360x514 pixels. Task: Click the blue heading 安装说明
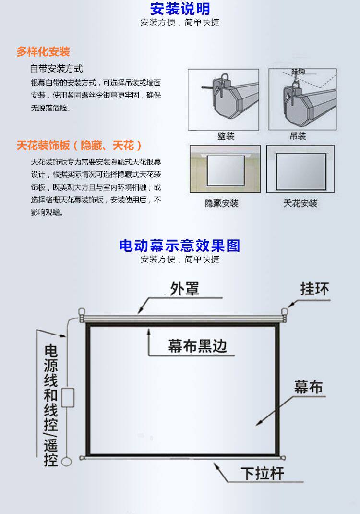coord(180,9)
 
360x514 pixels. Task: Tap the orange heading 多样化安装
coord(43,51)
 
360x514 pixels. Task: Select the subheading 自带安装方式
coord(56,69)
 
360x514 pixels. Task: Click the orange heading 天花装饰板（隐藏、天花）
coord(80,145)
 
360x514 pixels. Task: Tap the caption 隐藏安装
coord(222,203)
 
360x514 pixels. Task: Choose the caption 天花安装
coord(300,203)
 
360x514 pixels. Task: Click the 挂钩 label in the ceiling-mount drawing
coord(298,72)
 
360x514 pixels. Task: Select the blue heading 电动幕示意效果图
coord(180,246)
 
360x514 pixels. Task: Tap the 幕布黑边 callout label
coord(198,345)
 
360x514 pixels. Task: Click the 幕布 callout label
coord(309,387)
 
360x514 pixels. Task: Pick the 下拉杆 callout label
coord(263,474)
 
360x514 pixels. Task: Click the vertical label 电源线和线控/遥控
coord(51,405)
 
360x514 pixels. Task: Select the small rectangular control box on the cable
coord(68,398)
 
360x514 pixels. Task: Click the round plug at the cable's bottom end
coord(67,460)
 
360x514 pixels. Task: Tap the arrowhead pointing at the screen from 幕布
coord(258,423)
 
